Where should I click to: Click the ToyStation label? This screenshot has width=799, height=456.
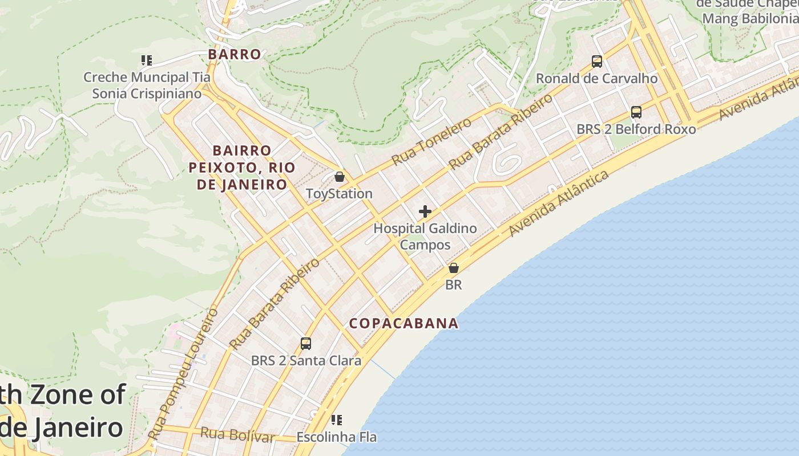click(339, 194)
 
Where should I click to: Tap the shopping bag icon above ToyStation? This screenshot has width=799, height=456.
click(340, 177)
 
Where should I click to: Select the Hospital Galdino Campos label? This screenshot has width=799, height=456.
click(425, 237)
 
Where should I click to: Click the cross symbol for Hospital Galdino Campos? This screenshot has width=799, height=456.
click(425, 211)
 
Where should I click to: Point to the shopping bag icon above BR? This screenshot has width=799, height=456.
click(454, 267)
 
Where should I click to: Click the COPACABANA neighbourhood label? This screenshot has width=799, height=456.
click(404, 323)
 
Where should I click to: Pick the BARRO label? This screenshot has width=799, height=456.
click(235, 54)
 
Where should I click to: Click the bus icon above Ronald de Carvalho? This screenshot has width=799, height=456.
click(596, 61)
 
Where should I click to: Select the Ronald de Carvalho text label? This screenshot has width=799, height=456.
click(596, 78)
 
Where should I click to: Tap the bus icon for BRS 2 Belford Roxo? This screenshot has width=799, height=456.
click(636, 112)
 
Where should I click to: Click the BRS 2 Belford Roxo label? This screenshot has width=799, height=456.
click(636, 129)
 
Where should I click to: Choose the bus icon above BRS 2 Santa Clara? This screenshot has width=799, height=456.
click(306, 343)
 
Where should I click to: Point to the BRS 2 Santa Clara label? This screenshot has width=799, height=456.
click(306, 360)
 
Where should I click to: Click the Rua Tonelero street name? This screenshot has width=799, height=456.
click(431, 141)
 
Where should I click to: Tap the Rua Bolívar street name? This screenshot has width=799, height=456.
click(237, 435)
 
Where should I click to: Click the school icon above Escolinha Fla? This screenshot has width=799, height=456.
click(337, 420)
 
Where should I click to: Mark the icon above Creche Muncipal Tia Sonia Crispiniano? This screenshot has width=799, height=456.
click(147, 60)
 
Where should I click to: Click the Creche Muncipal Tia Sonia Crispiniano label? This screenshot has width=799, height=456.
click(147, 85)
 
